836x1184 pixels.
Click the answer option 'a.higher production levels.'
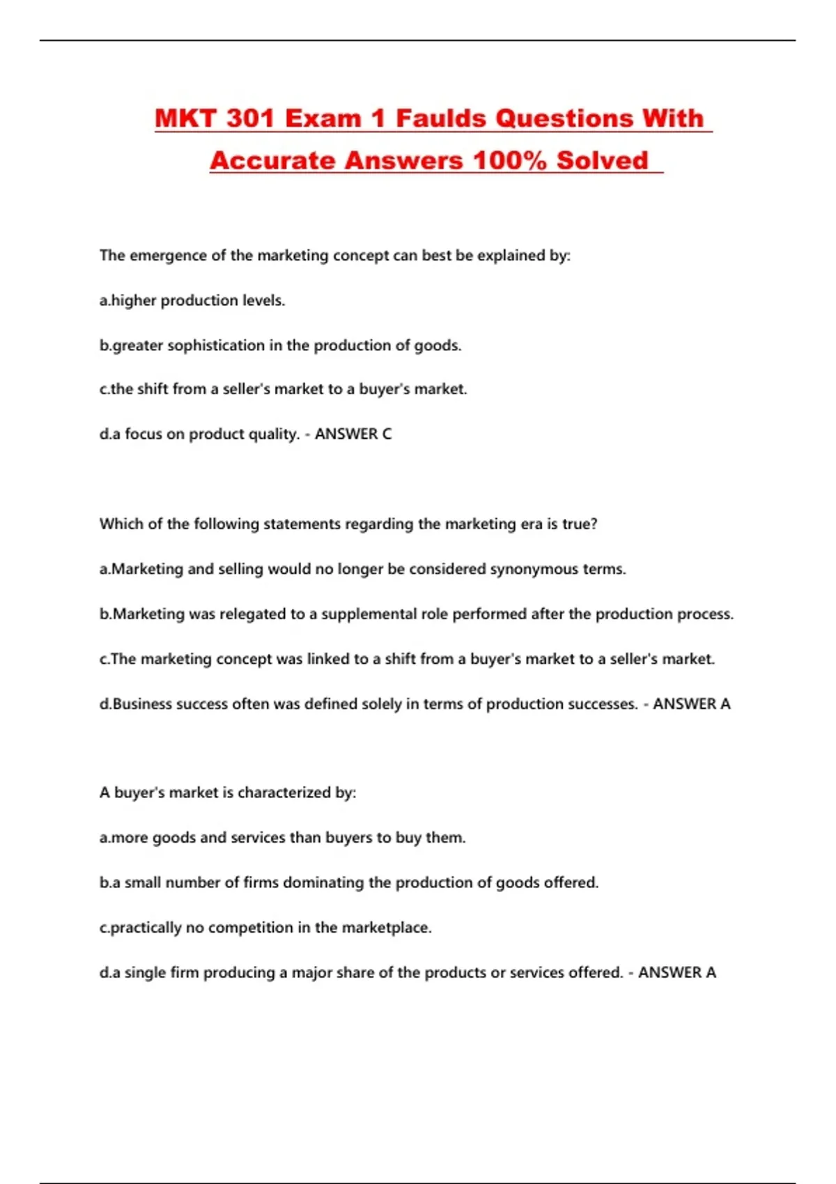pos(192,301)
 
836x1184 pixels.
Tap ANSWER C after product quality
pos(353,434)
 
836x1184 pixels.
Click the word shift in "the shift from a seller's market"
pos(153,389)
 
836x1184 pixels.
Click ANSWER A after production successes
pos(691,704)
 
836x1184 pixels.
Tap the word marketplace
pos(387,928)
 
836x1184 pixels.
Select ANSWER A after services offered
pos(676,972)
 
